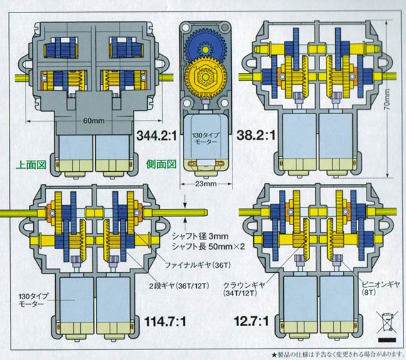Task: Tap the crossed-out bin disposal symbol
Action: (384, 320)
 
